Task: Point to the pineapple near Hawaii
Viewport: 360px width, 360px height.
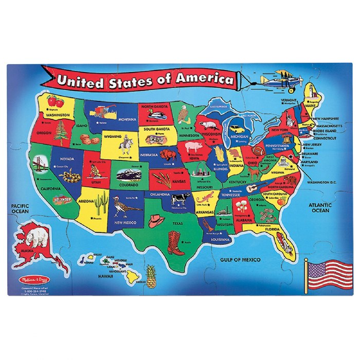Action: (x=151, y=278)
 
